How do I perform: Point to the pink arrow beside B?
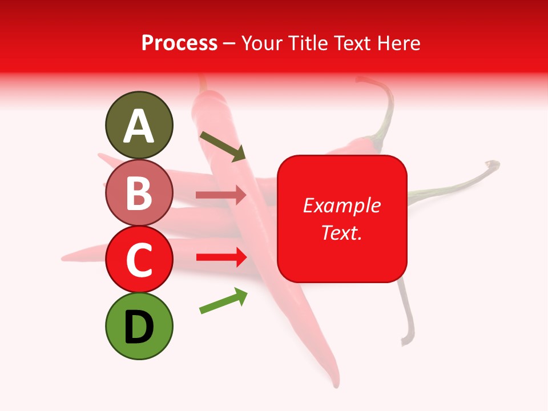pyautogui.click(x=221, y=195)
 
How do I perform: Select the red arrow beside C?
pyautogui.click(x=221, y=257)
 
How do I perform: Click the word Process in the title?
pyautogui.click(x=179, y=43)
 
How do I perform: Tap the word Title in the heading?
pyautogui.click(x=304, y=43)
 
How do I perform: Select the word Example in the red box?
pyautogui.click(x=341, y=205)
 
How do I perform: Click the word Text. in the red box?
pyautogui.click(x=341, y=232)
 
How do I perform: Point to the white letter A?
pyautogui.click(x=139, y=127)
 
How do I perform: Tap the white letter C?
pyautogui.click(x=139, y=261)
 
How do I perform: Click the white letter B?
pyautogui.click(x=139, y=194)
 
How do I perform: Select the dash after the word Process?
pyautogui.click(x=229, y=43)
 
